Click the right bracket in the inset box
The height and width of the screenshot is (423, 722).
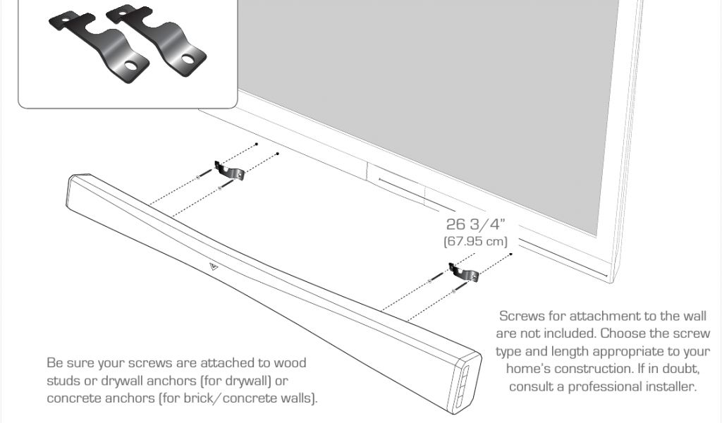click(159, 41)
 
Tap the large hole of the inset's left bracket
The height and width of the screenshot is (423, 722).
click(131, 68)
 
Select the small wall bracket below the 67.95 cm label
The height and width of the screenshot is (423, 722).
click(463, 272)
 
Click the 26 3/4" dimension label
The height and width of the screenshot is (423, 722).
click(476, 225)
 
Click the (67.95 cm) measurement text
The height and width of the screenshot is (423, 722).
click(475, 241)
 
